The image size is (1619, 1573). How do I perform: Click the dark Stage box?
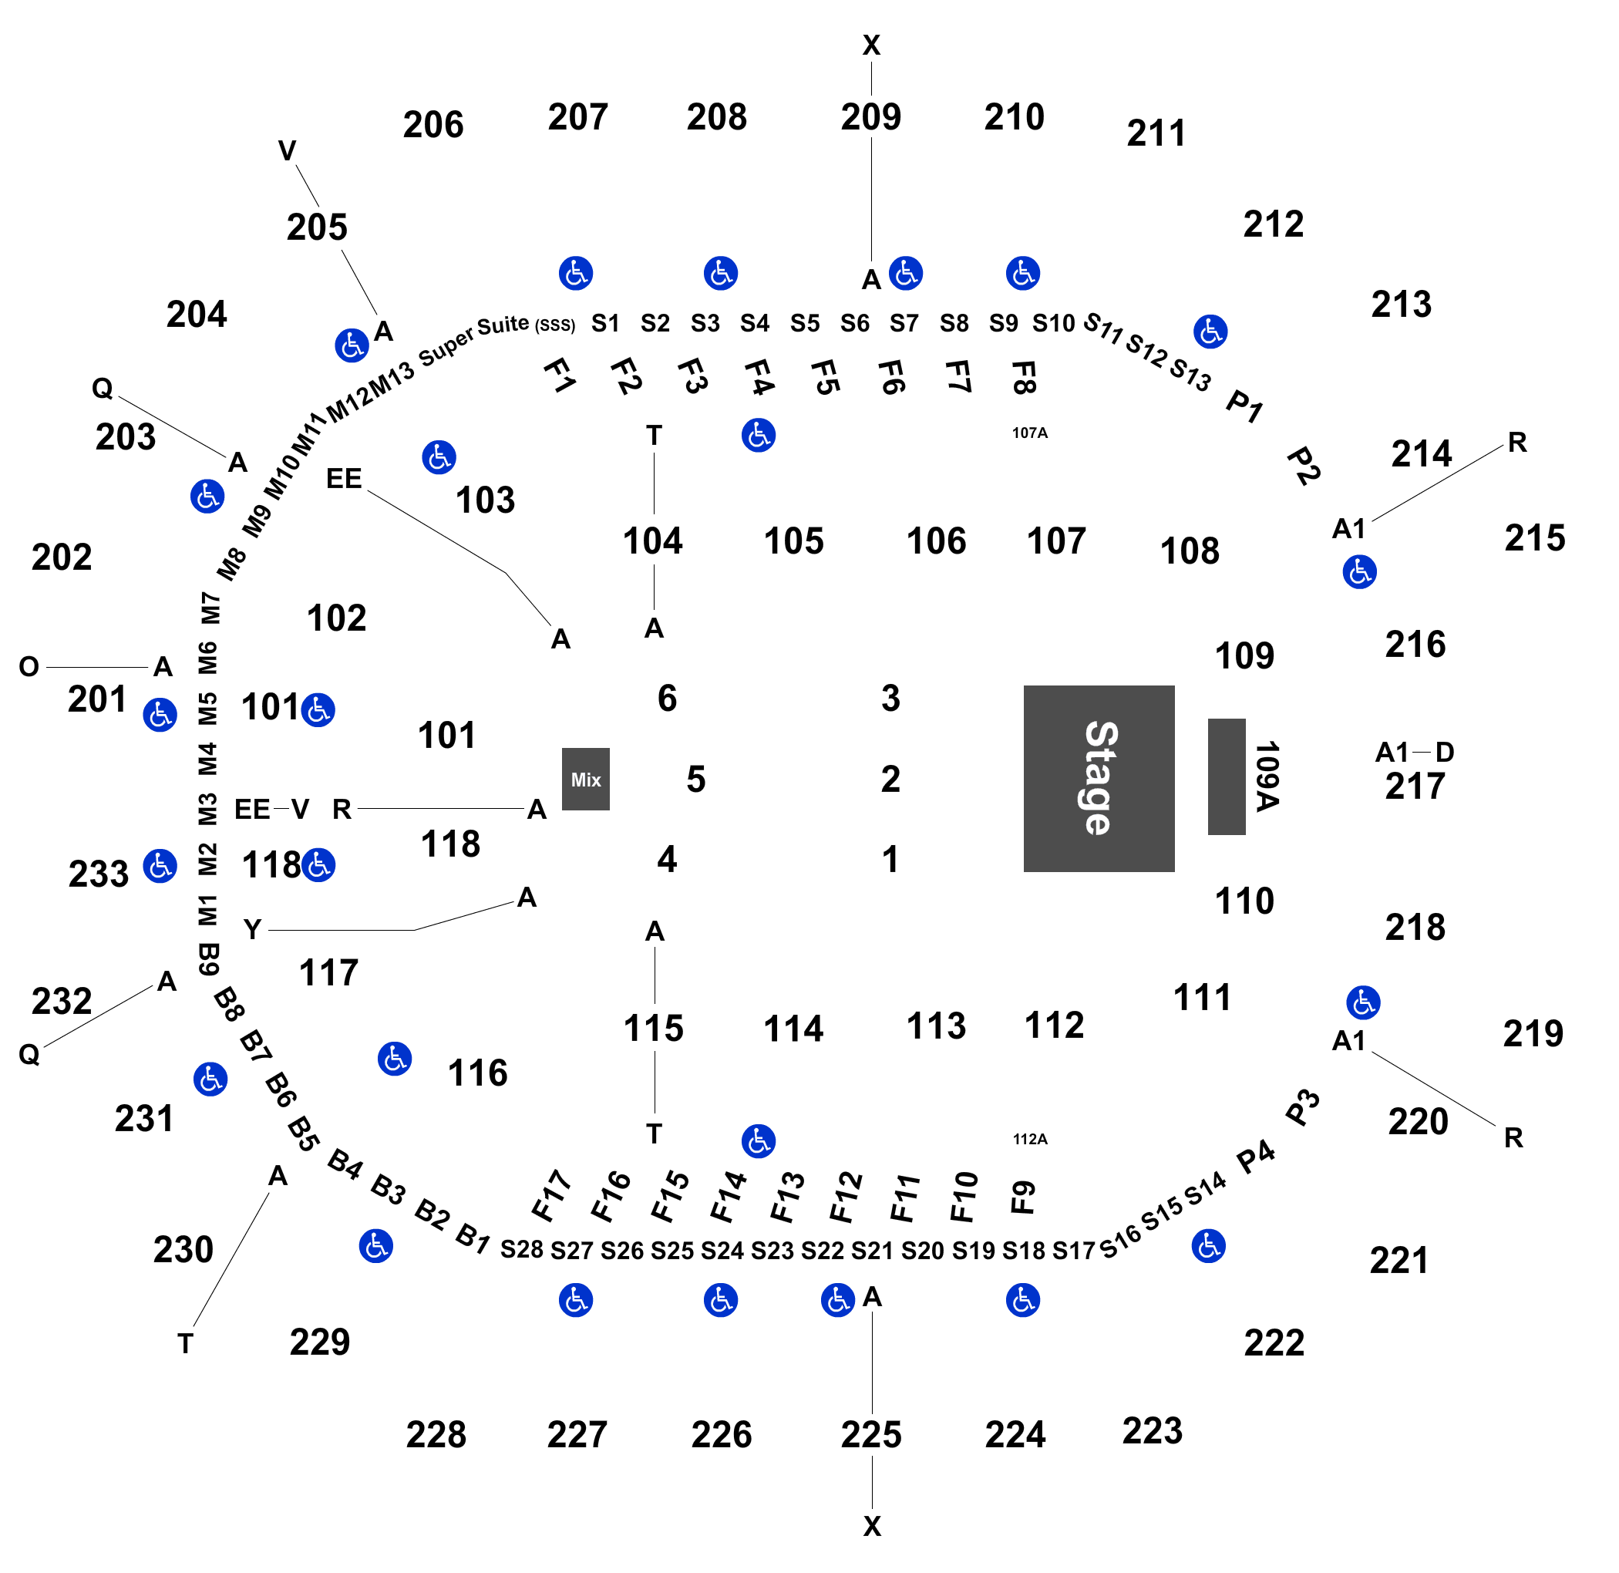coord(1099,778)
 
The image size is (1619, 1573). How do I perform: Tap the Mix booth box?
coord(586,779)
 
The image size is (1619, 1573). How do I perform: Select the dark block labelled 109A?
coord(1227,776)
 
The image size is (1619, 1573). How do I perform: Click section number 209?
coord(870,117)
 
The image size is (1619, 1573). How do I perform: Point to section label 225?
coord(870,1435)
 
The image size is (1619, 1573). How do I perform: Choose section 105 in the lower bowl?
coord(794,541)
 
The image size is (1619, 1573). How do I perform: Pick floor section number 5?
coord(695,779)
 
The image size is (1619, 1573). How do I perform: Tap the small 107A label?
coord(1030,433)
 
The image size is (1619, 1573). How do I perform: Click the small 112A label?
coord(1030,1140)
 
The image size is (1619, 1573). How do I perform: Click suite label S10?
coord(1053,323)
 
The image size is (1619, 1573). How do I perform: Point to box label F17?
coord(551,1195)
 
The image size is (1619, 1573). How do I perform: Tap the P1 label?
coord(1245,406)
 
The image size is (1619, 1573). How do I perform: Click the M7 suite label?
coord(210,608)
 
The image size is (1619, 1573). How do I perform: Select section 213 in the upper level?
coord(1401,305)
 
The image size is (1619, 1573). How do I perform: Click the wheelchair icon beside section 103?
coord(439,456)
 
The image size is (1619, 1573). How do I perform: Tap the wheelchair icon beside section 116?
coord(395,1058)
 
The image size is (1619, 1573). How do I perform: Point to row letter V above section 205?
coord(287,151)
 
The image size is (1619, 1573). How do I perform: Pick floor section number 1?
coord(890,859)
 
